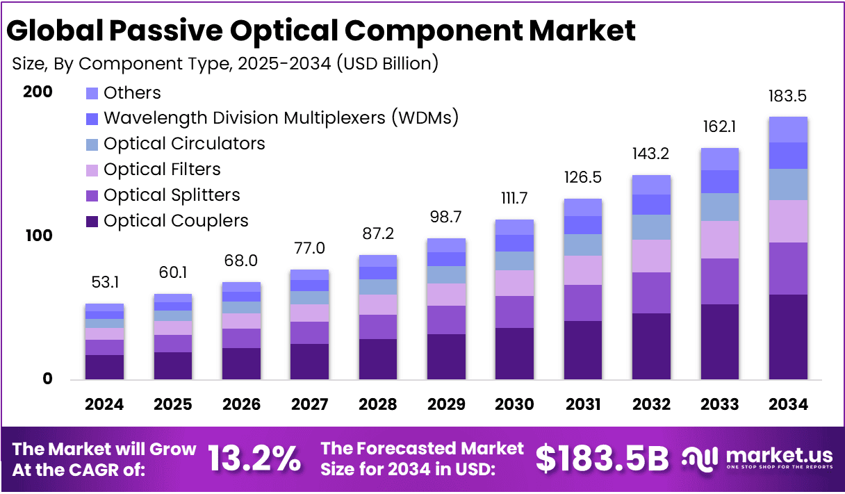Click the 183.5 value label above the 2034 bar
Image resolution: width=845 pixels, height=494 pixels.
click(x=788, y=97)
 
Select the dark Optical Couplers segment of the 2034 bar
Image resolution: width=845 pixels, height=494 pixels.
click(x=788, y=337)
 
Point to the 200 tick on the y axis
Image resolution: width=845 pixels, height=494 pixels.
click(x=38, y=92)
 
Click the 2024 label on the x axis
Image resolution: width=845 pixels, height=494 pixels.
click(x=104, y=404)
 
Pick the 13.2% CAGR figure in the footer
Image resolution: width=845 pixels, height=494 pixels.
click(x=254, y=459)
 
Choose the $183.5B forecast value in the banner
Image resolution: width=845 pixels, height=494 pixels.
click(x=602, y=459)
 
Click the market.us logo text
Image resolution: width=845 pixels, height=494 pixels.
click(x=778, y=456)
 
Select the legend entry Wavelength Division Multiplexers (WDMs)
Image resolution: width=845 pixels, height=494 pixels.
click(x=281, y=118)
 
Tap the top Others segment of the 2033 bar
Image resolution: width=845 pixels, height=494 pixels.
click(x=719, y=159)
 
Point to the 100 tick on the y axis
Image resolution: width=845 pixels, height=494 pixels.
click(x=38, y=236)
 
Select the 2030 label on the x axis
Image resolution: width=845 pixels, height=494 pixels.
click(x=514, y=404)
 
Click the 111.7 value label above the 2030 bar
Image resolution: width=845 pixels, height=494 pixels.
click(x=514, y=199)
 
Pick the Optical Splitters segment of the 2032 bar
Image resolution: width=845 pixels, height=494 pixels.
click(x=651, y=293)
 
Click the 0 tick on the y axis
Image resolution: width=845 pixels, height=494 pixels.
click(x=47, y=379)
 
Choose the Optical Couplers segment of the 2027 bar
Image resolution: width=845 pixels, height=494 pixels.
click(x=309, y=361)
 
